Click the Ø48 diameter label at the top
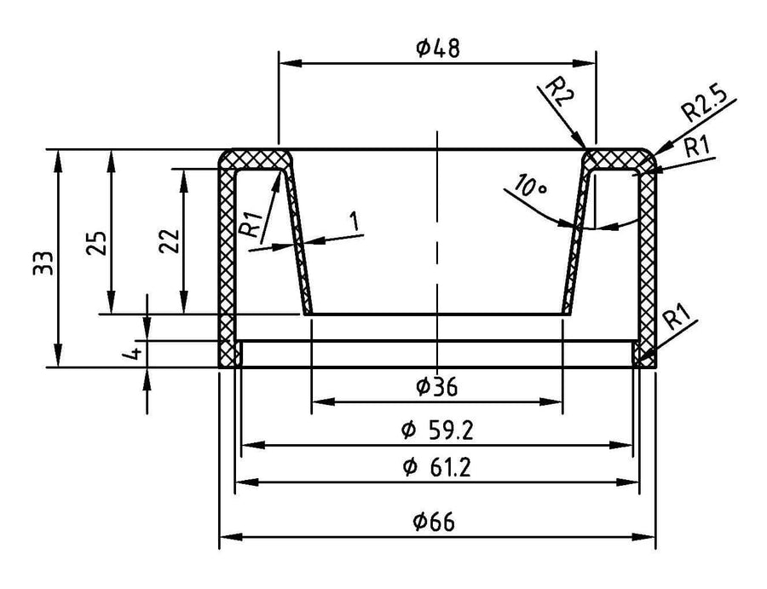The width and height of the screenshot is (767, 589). tap(438, 49)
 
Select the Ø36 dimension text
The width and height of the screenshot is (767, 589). tap(437, 388)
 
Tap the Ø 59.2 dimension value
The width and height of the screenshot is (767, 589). tap(437, 431)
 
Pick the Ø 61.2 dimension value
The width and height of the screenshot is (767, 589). tap(437, 468)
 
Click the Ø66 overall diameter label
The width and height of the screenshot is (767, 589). tap(434, 522)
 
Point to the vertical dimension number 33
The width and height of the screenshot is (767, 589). tap(43, 263)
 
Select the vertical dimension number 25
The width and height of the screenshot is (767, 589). tap(96, 242)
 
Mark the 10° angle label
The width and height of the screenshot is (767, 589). tap(529, 186)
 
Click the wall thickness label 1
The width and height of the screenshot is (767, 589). tap(355, 221)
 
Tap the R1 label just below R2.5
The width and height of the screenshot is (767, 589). tap(696, 147)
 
